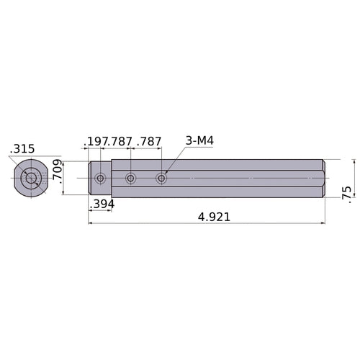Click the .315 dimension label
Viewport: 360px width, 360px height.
(22, 148)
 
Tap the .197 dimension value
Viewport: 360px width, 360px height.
(96, 141)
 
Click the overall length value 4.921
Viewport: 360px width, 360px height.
(207, 216)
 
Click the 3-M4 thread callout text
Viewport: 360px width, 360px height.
(199, 141)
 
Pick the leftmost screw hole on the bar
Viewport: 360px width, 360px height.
(100, 178)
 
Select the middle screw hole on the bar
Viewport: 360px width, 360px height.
(130, 178)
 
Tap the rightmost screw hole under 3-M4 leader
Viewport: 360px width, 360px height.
(161, 178)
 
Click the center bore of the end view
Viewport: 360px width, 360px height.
(30, 178)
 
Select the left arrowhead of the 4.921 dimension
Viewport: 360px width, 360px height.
(91, 223)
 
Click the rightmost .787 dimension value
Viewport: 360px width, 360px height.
(149, 141)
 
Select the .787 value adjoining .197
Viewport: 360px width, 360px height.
(120, 141)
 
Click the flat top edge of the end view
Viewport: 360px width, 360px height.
(30, 159)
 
